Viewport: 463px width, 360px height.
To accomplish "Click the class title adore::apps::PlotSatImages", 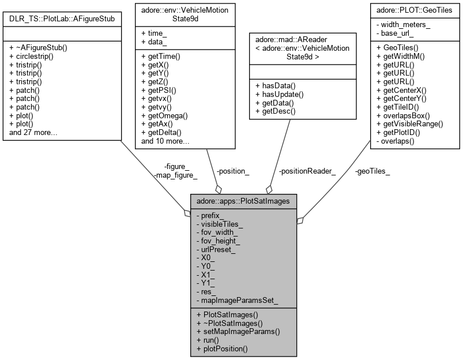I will click(244, 202).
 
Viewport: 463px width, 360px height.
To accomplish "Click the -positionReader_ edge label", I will click(307, 171).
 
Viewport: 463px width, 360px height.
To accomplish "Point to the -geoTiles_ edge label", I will click(372, 171).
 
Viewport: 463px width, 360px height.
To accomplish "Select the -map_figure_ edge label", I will click(176, 175).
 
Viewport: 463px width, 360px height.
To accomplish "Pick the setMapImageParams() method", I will click(238, 331).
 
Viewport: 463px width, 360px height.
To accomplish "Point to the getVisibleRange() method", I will click(410, 123).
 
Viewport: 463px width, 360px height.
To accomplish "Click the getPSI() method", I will click(161, 90).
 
